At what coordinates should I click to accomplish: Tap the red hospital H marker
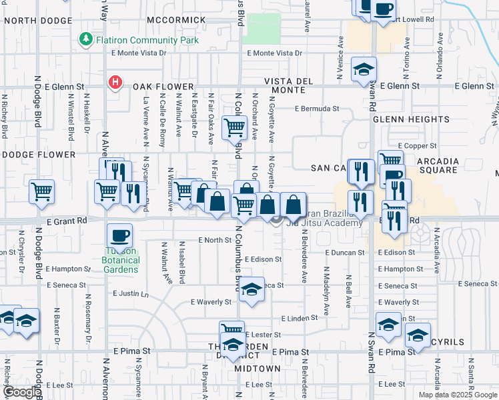(x=115, y=83)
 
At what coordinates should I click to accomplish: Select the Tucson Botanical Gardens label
(x=121, y=260)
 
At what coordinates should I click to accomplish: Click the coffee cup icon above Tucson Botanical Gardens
(x=119, y=235)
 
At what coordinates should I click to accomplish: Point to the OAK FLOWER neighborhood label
(x=163, y=87)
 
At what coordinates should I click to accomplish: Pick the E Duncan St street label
(x=345, y=253)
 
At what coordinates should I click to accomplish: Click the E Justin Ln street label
(x=129, y=293)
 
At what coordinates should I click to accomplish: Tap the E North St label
(x=214, y=240)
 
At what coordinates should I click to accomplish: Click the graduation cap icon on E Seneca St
(x=252, y=290)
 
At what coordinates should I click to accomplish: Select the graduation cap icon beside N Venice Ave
(x=364, y=69)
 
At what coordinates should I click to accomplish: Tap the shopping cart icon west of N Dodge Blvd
(x=41, y=192)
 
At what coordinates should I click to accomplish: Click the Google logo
(x=21, y=392)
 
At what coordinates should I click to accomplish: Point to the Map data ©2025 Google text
(x=458, y=395)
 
